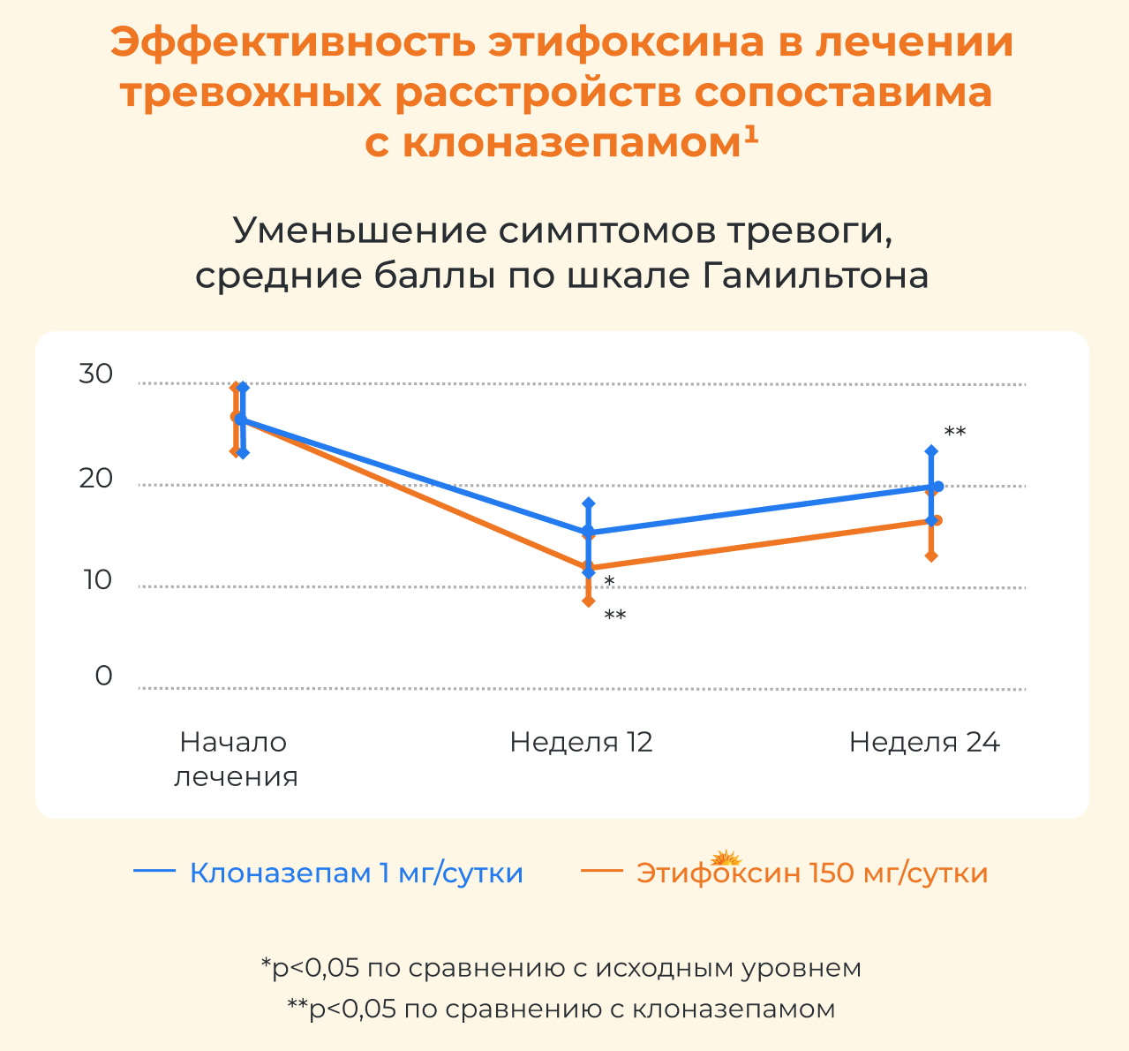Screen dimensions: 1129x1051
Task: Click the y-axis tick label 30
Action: (x=95, y=374)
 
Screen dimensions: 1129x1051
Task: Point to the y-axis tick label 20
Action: (x=95, y=479)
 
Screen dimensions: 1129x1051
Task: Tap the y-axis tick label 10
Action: (x=98, y=580)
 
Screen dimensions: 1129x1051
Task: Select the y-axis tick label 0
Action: (x=103, y=676)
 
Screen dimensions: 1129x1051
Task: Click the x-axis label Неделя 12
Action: (x=581, y=742)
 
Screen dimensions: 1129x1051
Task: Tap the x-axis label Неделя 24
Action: (x=924, y=742)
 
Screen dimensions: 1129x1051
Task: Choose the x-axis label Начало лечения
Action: (x=236, y=759)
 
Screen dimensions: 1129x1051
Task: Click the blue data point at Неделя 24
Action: (x=938, y=487)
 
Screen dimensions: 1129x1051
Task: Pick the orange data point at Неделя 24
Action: (x=937, y=520)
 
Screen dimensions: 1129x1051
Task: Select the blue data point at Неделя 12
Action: (x=589, y=532)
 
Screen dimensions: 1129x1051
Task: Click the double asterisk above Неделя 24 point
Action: (x=955, y=431)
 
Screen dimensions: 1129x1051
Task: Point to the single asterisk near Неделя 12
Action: (x=609, y=581)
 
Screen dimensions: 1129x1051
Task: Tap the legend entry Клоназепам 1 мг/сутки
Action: (x=328, y=873)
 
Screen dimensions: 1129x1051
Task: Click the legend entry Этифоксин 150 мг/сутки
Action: (x=785, y=873)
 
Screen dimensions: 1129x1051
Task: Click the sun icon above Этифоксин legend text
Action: (x=726, y=858)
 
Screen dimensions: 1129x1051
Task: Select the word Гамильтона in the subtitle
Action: (x=816, y=276)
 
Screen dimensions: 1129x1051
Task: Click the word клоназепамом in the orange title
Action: (x=572, y=143)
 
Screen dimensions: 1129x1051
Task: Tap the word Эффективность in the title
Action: (x=293, y=43)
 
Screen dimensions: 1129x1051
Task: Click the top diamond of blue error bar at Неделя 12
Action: (x=589, y=503)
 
